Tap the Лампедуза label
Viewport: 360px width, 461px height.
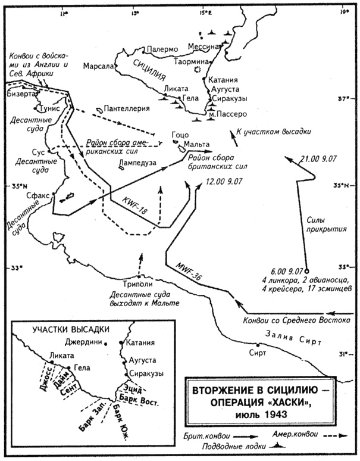coord(137,162)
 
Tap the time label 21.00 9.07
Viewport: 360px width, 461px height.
coord(318,160)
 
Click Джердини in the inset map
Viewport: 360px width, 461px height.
coord(83,342)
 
